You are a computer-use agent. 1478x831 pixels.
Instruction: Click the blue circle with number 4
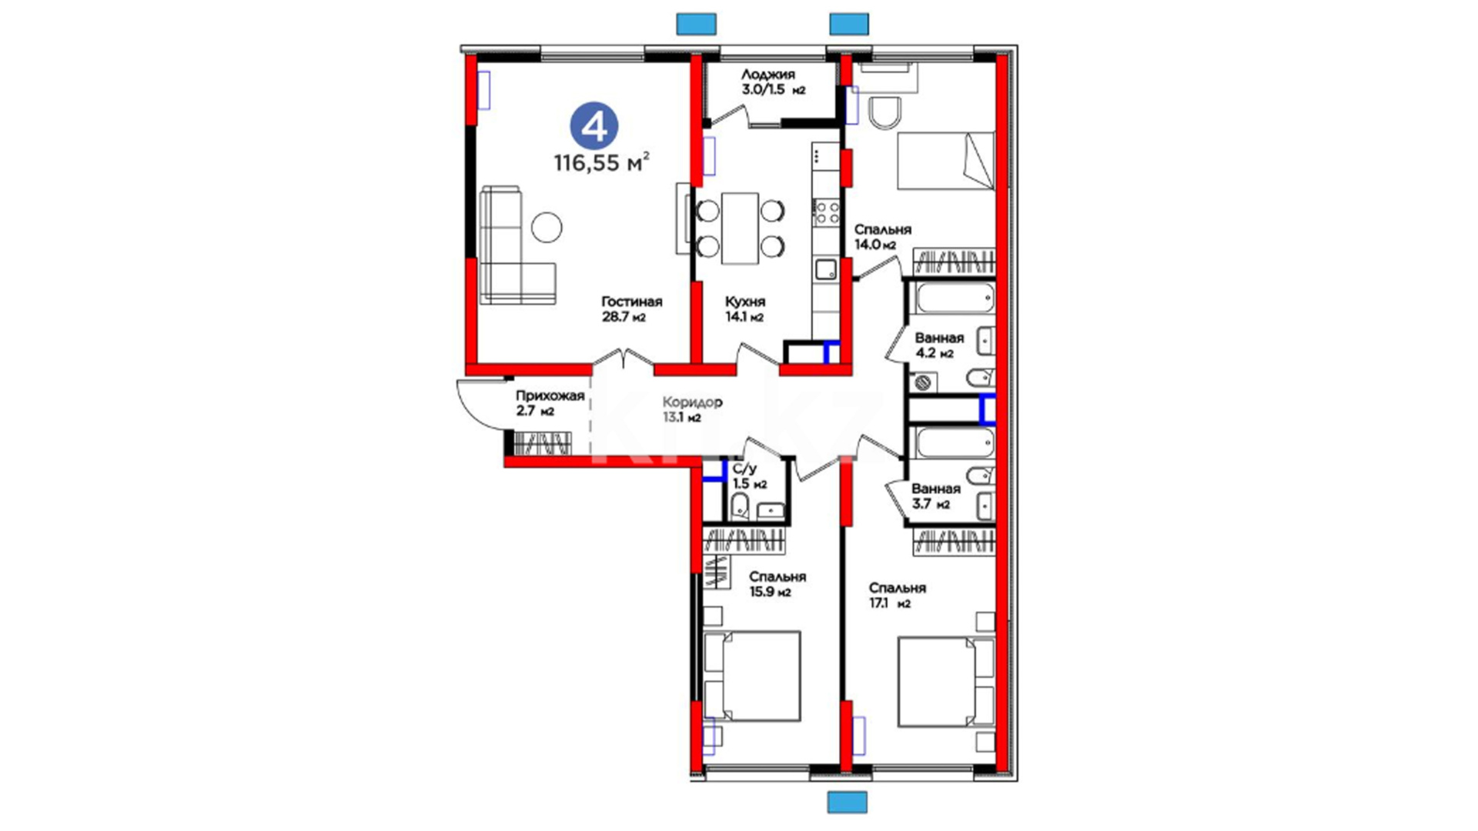[594, 127]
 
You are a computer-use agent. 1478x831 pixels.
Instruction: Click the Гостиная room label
[632, 302]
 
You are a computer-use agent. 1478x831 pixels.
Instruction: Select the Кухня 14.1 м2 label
[744, 309]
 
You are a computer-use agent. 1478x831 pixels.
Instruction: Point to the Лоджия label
[768, 75]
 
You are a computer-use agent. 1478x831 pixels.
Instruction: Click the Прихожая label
[550, 395]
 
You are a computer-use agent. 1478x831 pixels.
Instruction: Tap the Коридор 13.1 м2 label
[692, 410]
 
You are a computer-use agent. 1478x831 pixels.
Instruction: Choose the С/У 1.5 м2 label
[749, 476]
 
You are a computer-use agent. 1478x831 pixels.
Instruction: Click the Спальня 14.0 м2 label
[883, 237]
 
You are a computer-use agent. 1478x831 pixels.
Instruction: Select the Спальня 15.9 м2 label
[777, 584]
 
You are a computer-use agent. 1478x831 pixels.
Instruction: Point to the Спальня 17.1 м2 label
[898, 596]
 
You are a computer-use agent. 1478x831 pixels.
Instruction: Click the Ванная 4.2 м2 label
[939, 345]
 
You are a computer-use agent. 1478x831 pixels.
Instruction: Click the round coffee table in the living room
[547, 227]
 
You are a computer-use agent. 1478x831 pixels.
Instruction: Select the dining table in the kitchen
[740, 229]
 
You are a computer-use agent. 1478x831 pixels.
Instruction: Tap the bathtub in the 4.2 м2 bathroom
[955, 299]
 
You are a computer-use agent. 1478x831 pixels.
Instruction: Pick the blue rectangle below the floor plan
[848, 803]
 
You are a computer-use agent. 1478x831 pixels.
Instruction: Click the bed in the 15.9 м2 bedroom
[752, 676]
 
